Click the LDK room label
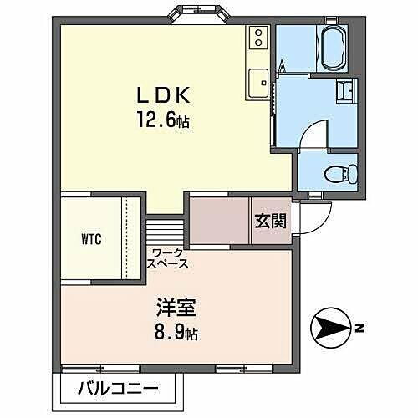(x=161, y=94)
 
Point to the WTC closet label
(x=91, y=240)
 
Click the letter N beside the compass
(x=359, y=328)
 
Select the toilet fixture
(x=343, y=173)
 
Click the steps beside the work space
(x=163, y=230)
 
